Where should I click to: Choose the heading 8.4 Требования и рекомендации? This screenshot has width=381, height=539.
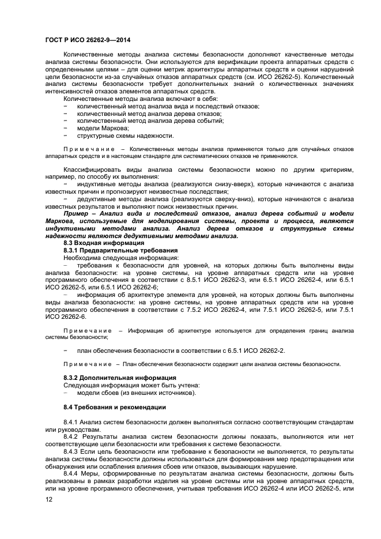tap(114, 407)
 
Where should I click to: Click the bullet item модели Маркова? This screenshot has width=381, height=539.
tap(99, 128)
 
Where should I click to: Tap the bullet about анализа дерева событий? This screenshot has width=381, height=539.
tap(150, 120)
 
